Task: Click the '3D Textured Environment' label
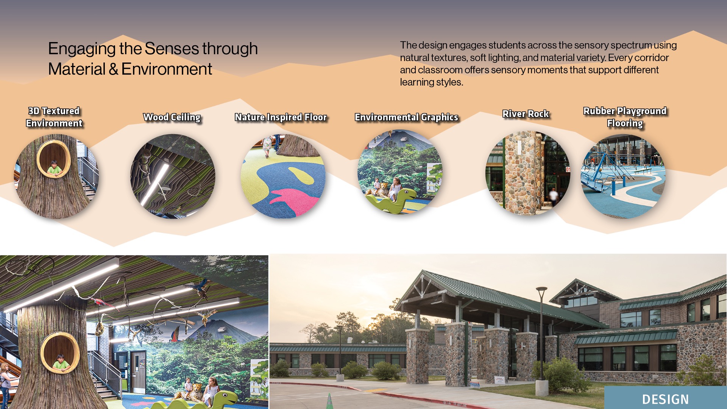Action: pos(54,117)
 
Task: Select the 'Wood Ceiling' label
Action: pos(172,117)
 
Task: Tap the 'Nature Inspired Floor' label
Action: pos(281,117)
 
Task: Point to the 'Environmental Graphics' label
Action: pos(406,117)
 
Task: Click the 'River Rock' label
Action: pos(526,114)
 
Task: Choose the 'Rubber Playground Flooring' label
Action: pos(625,117)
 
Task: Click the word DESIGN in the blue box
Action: pos(665,400)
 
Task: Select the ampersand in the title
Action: pos(113,69)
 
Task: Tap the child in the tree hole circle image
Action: pos(55,168)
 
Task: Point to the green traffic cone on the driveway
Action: pos(329,401)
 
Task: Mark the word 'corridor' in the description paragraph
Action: pos(651,58)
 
